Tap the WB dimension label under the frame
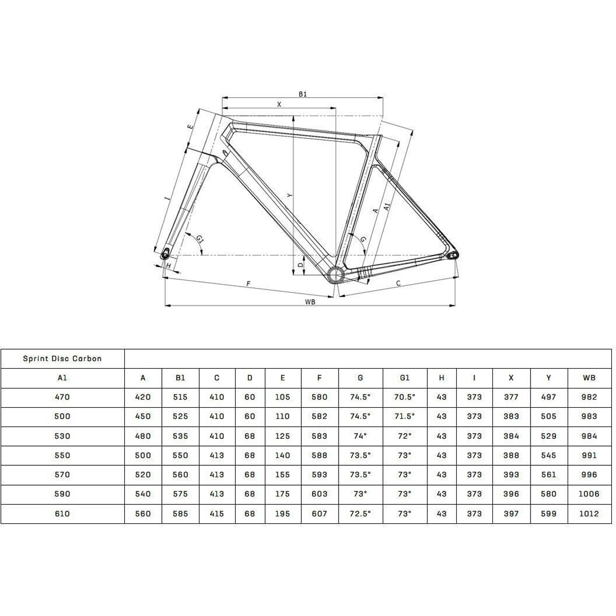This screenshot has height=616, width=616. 310,302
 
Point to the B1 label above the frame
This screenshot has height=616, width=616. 303,94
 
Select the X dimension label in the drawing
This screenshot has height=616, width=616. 279,104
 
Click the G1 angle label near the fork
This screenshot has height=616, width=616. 200,239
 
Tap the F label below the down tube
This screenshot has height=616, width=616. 248,284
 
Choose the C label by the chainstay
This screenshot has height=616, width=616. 398,283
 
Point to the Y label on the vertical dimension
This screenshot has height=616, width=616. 289,195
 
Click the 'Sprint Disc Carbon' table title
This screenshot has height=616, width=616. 62,358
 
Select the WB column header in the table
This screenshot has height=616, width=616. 589,378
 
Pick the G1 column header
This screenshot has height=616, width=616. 404,378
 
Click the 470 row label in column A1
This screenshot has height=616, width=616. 62,397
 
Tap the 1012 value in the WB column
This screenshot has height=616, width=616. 589,514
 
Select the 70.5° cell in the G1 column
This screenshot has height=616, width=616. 404,397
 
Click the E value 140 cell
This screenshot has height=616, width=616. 283,455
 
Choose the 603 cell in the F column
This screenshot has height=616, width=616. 319,494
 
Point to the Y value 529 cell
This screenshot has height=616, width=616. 549,436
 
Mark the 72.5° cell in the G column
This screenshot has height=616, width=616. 360,514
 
